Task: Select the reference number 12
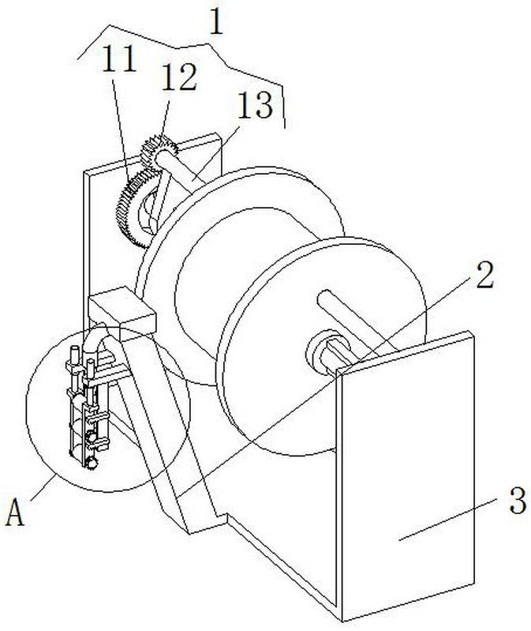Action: tap(179, 79)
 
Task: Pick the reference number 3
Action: tap(517, 502)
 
